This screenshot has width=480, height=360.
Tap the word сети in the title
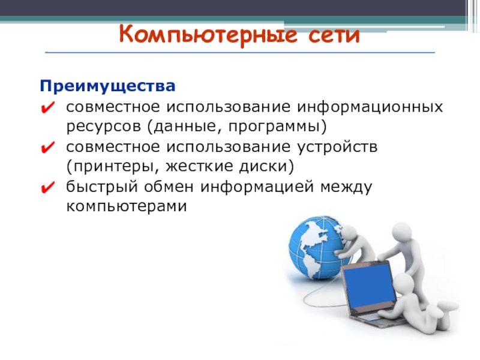pyautogui.click(x=334, y=35)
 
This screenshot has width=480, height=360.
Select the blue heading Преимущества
pyautogui.click(x=107, y=86)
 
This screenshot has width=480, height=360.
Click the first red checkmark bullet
pyautogui.click(x=47, y=108)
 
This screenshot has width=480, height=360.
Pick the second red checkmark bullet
pyautogui.click(x=47, y=147)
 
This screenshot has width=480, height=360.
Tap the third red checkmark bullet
pyautogui.click(x=47, y=187)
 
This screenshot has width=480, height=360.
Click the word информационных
pyautogui.click(x=370, y=108)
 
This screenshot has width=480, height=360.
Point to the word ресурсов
pyautogui.click(x=103, y=127)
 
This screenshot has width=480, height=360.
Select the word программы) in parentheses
pyautogui.click(x=277, y=127)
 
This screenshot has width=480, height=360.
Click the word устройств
pyautogui.click(x=337, y=148)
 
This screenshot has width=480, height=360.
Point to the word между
pyautogui.click(x=346, y=187)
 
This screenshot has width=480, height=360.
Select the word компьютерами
pyautogui.click(x=127, y=206)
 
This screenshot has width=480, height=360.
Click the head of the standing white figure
pyautogui.click(x=402, y=233)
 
